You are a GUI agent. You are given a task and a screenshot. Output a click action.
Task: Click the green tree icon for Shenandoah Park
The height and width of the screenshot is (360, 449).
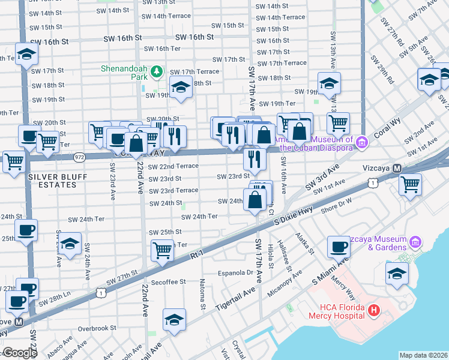click(157, 72)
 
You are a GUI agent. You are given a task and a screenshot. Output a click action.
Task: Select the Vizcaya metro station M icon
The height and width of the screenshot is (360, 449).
click(396, 169)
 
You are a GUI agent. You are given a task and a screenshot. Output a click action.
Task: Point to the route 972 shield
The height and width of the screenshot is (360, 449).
click(79, 157)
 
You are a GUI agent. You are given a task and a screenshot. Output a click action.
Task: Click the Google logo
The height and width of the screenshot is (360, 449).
click(20, 353)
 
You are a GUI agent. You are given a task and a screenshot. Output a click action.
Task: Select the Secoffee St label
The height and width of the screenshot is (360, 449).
click(169, 281)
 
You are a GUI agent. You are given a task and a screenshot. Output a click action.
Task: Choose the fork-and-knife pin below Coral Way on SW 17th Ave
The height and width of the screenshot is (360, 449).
click(255, 159)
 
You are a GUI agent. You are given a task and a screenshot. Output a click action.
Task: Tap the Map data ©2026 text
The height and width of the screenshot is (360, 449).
click(423, 355)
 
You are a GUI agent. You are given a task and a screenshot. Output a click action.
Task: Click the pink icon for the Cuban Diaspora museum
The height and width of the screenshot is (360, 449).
click(361, 143)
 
